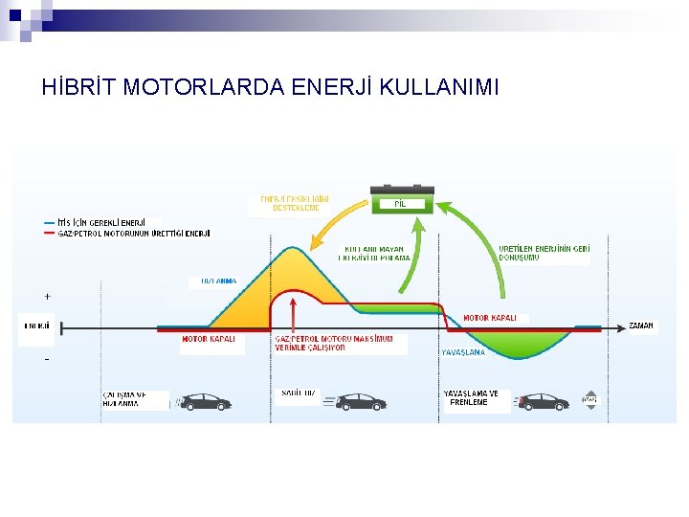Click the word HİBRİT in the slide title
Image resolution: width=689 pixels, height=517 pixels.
75,87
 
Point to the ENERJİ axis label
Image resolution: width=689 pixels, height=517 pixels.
37,326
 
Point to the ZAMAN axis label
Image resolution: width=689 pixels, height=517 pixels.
641,326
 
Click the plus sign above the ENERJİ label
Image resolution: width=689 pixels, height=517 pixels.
48,296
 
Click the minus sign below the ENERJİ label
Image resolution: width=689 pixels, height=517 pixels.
48,359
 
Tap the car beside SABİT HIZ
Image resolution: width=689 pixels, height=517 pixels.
360,401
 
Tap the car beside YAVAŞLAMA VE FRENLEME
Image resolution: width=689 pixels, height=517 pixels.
541,401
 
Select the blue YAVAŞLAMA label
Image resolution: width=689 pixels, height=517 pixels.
463,352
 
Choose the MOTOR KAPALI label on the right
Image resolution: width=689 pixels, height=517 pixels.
490,318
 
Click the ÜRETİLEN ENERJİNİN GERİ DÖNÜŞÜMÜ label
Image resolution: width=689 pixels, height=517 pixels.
544,253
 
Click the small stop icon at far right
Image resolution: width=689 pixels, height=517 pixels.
589,400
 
